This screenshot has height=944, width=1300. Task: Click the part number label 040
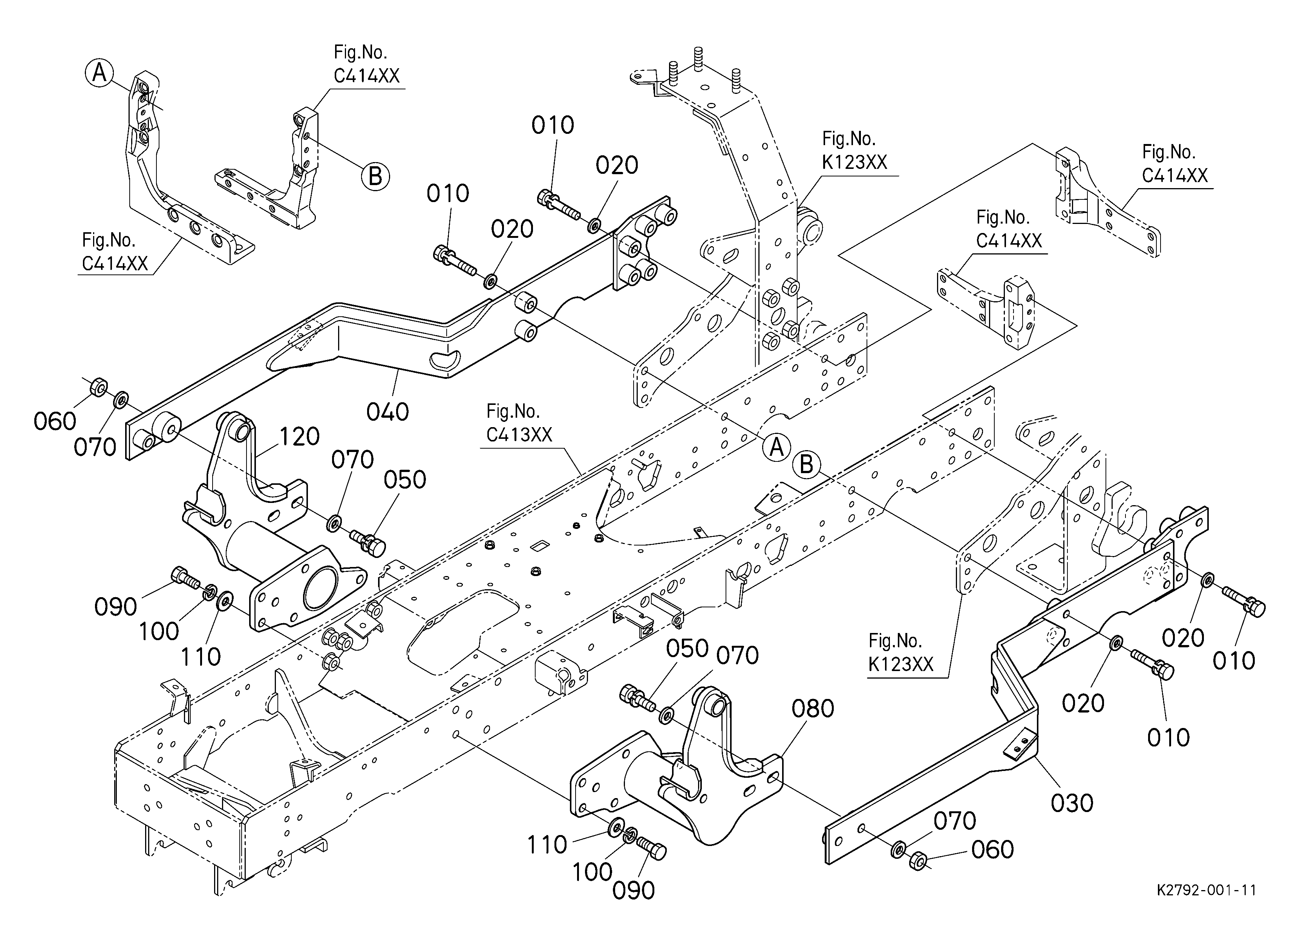tap(387, 412)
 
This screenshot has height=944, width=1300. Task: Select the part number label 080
tap(813, 710)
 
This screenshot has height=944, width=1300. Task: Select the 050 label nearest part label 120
tap(405, 480)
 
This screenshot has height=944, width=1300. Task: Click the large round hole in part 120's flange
tap(324, 588)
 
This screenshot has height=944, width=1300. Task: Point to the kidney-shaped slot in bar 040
tap(446, 360)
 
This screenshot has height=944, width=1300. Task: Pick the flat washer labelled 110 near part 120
tap(224, 600)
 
